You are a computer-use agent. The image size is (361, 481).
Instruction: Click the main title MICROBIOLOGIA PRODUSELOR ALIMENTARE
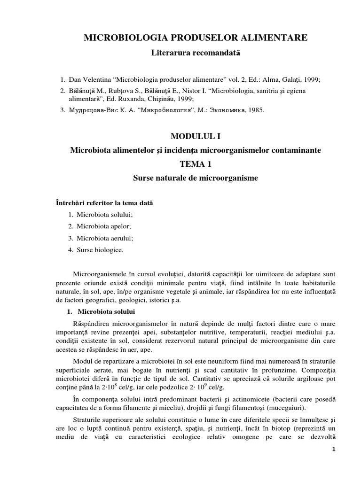tap(195, 38)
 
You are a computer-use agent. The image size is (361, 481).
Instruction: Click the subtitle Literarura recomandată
tap(195, 54)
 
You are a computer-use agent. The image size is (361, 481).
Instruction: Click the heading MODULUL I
tap(195, 136)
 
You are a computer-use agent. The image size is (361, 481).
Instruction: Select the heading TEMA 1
tap(195, 164)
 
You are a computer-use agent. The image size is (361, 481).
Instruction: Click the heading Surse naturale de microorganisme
tap(195, 178)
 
